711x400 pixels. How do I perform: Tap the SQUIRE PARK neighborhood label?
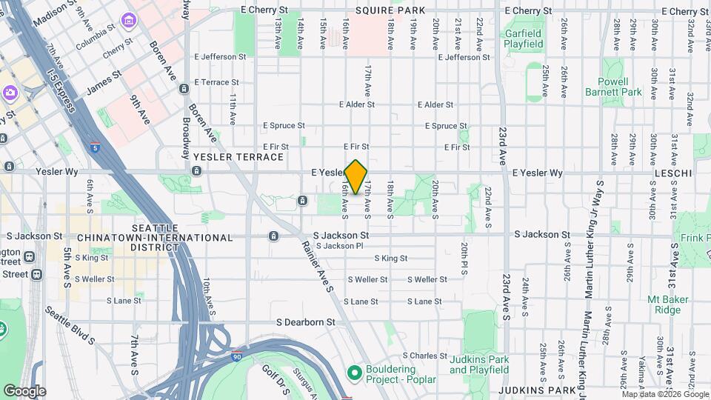coord(390,10)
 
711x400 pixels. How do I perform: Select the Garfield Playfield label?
coord(524,39)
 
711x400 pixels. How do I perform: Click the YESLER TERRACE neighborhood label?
coord(238,157)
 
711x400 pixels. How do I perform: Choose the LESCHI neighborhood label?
coord(672,173)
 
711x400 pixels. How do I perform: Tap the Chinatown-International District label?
coord(171,233)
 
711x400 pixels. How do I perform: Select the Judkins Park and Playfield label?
coord(479,364)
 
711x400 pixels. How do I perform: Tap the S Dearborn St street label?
coord(306,322)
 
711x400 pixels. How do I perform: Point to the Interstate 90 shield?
coord(236,356)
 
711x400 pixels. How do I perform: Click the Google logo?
coord(24,391)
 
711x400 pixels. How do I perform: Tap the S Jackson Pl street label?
coord(339,246)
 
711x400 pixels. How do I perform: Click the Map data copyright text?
coord(664,395)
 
